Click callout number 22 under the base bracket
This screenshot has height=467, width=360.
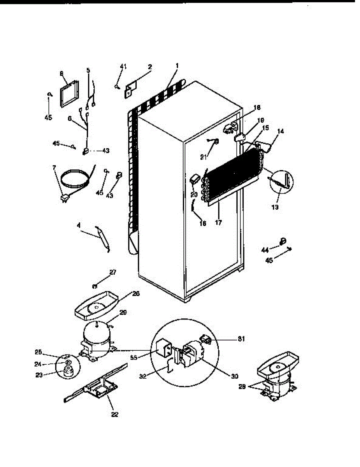click(x=114, y=415)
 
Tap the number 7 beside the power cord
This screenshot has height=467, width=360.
click(x=54, y=168)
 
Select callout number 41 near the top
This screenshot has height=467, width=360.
click(x=123, y=67)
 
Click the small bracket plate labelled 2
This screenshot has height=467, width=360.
click(x=128, y=92)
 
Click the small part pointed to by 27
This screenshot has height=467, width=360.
click(x=94, y=287)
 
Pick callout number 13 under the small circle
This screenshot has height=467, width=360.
click(x=275, y=207)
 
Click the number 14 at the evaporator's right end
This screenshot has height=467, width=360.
click(x=280, y=132)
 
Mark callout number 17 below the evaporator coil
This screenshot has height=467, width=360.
click(x=219, y=223)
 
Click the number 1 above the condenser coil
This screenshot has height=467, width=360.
click(x=177, y=66)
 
